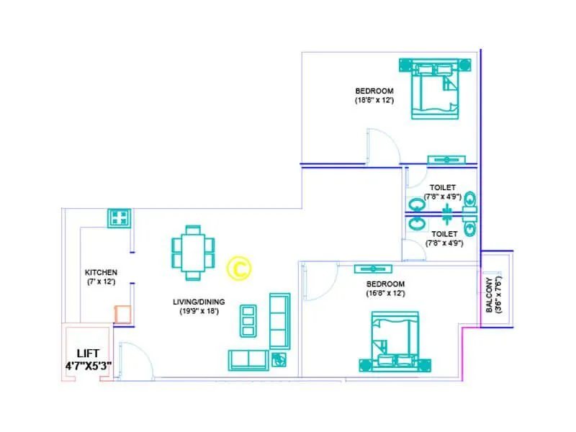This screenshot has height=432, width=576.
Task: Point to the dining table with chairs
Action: [x=192, y=252]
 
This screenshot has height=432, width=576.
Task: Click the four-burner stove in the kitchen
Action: [x=118, y=217]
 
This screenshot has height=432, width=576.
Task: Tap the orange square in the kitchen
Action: [x=122, y=313]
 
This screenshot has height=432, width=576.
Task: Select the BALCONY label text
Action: [x=490, y=294]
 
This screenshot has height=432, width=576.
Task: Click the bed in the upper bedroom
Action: [x=434, y=90]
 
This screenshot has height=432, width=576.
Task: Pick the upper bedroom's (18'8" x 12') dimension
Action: [x=374, y=101]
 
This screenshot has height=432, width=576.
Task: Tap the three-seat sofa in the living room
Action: [x=279, y=320]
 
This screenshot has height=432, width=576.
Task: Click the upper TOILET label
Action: [x=442, y=187]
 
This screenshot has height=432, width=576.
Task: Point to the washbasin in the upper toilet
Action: [x=416, y=204]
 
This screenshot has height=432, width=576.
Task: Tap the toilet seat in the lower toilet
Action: [x=470, y=229]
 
